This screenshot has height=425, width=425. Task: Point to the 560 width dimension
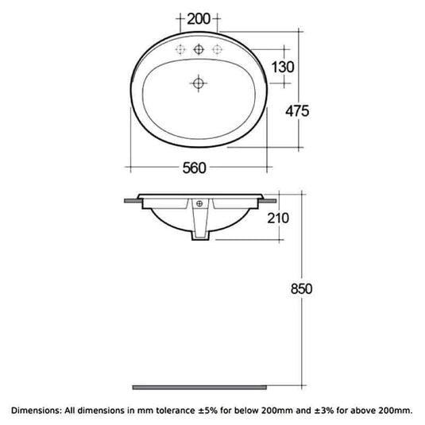(x=195, y=167)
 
